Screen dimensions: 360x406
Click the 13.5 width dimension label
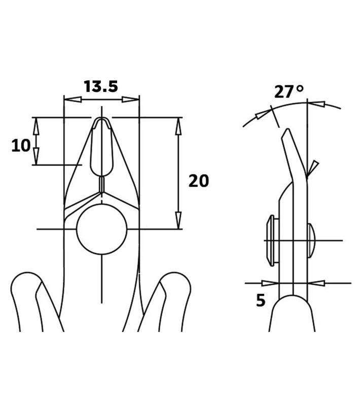[100, 86]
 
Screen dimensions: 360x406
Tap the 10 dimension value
[21, 146]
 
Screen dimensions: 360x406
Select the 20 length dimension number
[199, 181]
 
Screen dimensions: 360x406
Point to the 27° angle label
[289, 91]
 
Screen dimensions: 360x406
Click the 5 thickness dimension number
[261, 300]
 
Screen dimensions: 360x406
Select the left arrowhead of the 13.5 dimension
[73, 99]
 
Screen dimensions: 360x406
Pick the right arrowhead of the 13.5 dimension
[130, 99]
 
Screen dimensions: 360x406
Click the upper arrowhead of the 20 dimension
[178, 126]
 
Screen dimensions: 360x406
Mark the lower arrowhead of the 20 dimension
[178, 220]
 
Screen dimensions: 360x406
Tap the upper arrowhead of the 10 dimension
[36, 126]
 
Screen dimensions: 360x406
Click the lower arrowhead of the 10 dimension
[36, 156]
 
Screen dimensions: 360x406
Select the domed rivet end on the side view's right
[311, 241]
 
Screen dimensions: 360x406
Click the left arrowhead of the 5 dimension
[270, 283]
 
